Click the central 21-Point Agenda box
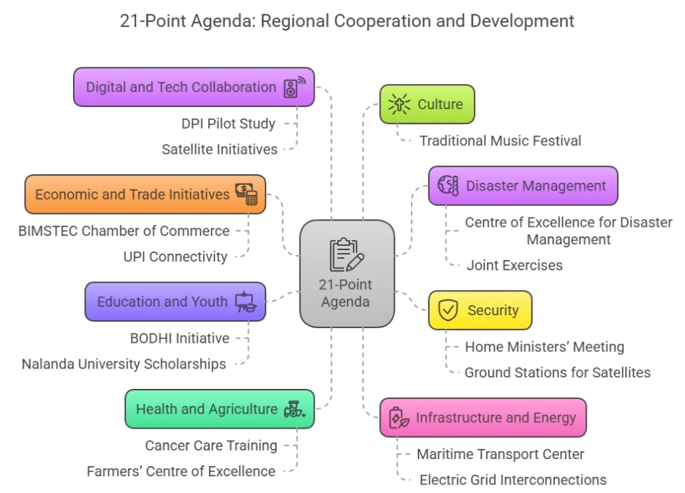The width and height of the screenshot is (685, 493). click(347, 273)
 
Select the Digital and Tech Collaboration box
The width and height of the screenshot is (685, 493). click(194, 87)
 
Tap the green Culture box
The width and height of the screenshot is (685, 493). click(427, 104)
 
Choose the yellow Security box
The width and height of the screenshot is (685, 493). click(480, 310)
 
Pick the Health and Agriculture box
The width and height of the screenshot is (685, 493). click(219, 409)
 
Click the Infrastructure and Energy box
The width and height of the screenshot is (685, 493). click(482, 417)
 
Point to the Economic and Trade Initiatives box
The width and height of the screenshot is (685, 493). click(145, 194)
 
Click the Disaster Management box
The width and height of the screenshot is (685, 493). click(522, 186)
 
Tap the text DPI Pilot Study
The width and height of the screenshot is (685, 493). click(228, 124)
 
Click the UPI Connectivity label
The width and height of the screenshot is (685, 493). click(175, 256)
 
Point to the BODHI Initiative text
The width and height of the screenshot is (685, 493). click(179, 338)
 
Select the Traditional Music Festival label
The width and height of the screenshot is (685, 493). click(500, 140)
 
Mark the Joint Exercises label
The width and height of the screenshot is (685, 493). click(514, 265)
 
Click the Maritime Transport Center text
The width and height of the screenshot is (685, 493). click(500, 454)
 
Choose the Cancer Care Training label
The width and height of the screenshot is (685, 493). click(210, 445)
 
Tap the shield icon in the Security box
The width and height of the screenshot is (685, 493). click(448, 310)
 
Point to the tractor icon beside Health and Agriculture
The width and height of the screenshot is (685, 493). click(294, 409)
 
